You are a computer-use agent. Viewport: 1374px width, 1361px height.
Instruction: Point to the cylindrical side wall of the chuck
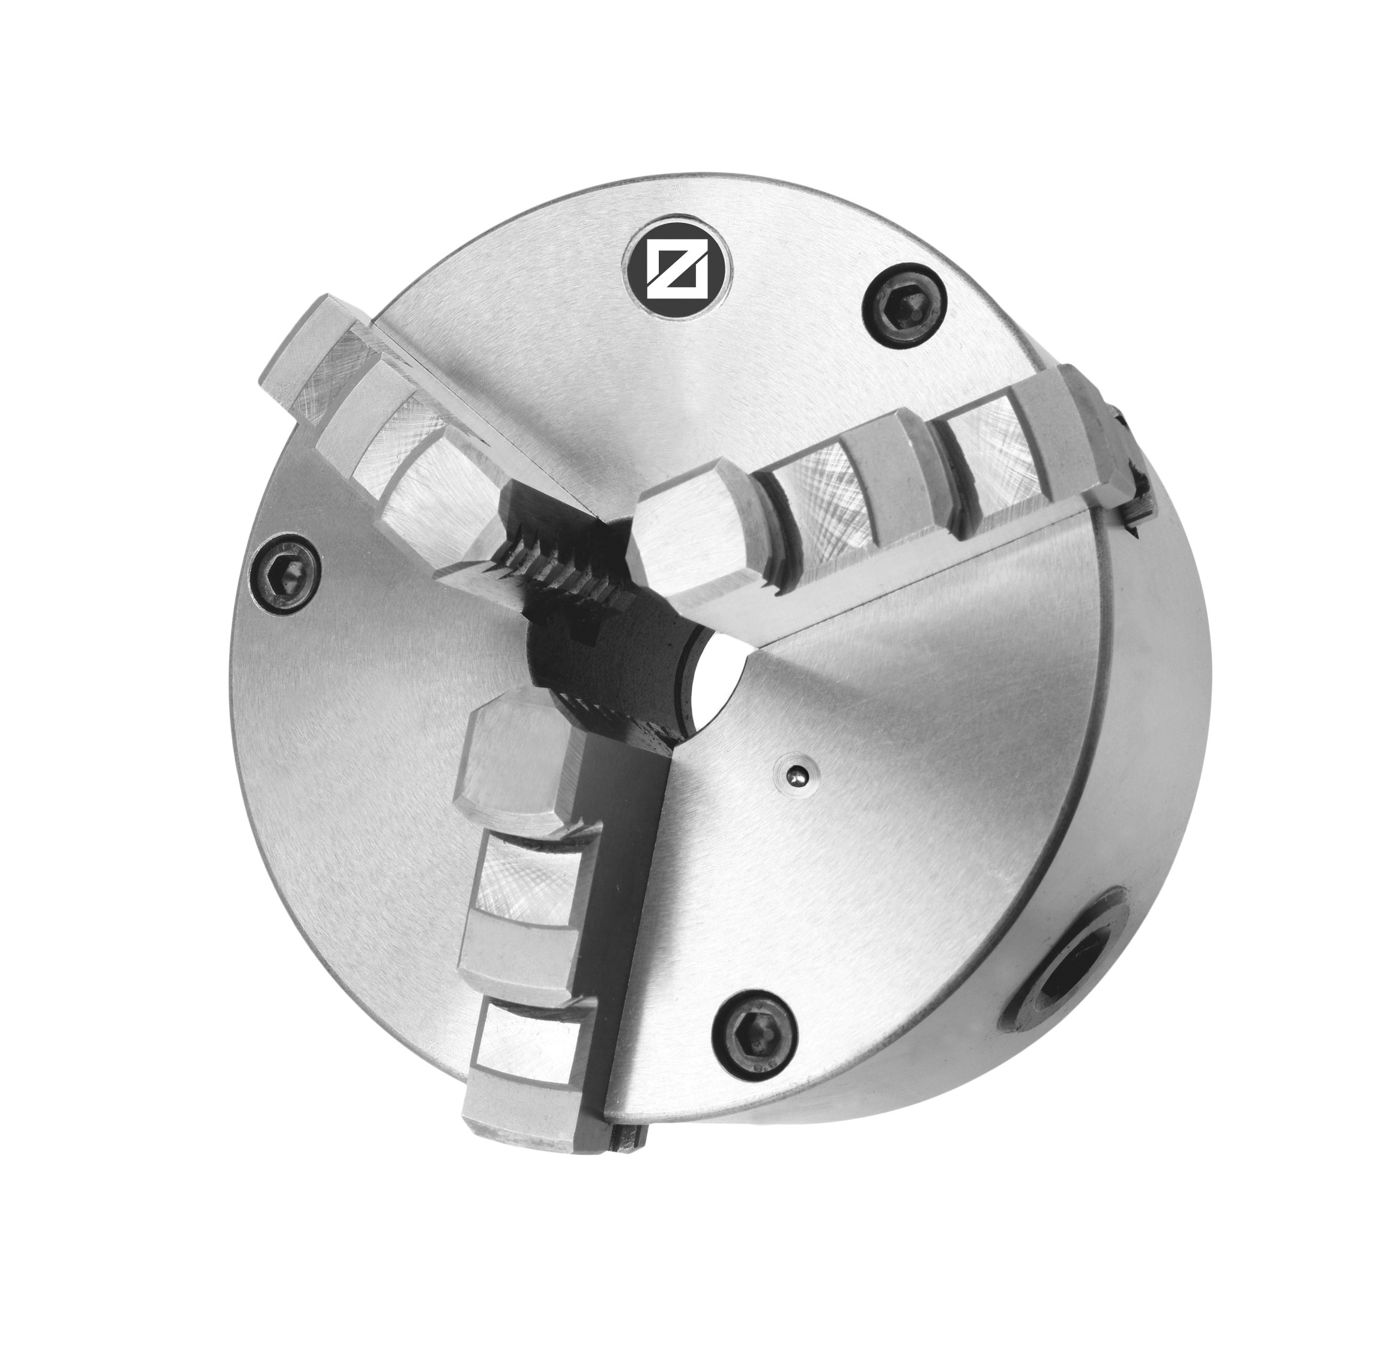(1138, 818)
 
